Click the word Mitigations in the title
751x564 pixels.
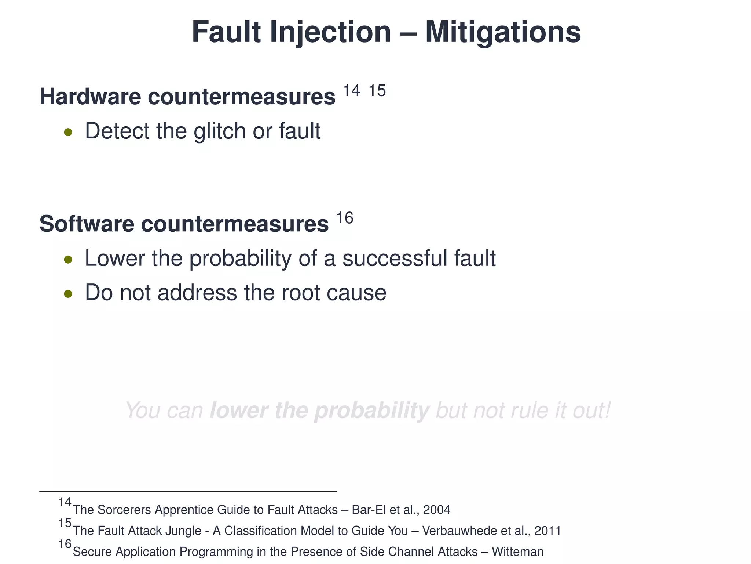(503, 32)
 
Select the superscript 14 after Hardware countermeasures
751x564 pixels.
(351, 90)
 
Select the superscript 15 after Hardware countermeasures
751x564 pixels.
(377, 90)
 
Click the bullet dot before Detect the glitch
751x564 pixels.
(68, 132)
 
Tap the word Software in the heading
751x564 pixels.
(87, 224)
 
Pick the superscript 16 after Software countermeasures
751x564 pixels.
(345, 218)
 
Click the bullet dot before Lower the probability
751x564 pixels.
(68, 260)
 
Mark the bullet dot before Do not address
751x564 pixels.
(68, 294)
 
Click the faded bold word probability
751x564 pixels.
(371, 411)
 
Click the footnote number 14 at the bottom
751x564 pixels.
(65, 502)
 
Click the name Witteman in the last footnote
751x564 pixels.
(517, 552)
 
